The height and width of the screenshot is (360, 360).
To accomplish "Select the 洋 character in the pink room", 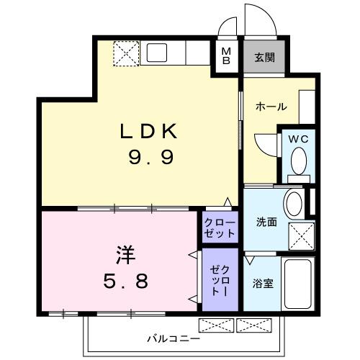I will pos(125,255).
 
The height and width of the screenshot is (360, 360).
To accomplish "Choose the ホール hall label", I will pos(271,107).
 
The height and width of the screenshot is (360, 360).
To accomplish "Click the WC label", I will pos(299,139).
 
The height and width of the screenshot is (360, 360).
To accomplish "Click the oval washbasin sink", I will pos(294,204).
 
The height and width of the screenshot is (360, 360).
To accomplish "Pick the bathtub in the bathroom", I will pos(297,284).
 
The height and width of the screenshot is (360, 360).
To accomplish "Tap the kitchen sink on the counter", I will pos(157,53).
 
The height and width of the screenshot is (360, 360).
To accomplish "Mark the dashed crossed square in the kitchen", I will pos(127,53).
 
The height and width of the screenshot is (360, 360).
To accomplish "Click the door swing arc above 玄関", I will pos(259,18).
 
